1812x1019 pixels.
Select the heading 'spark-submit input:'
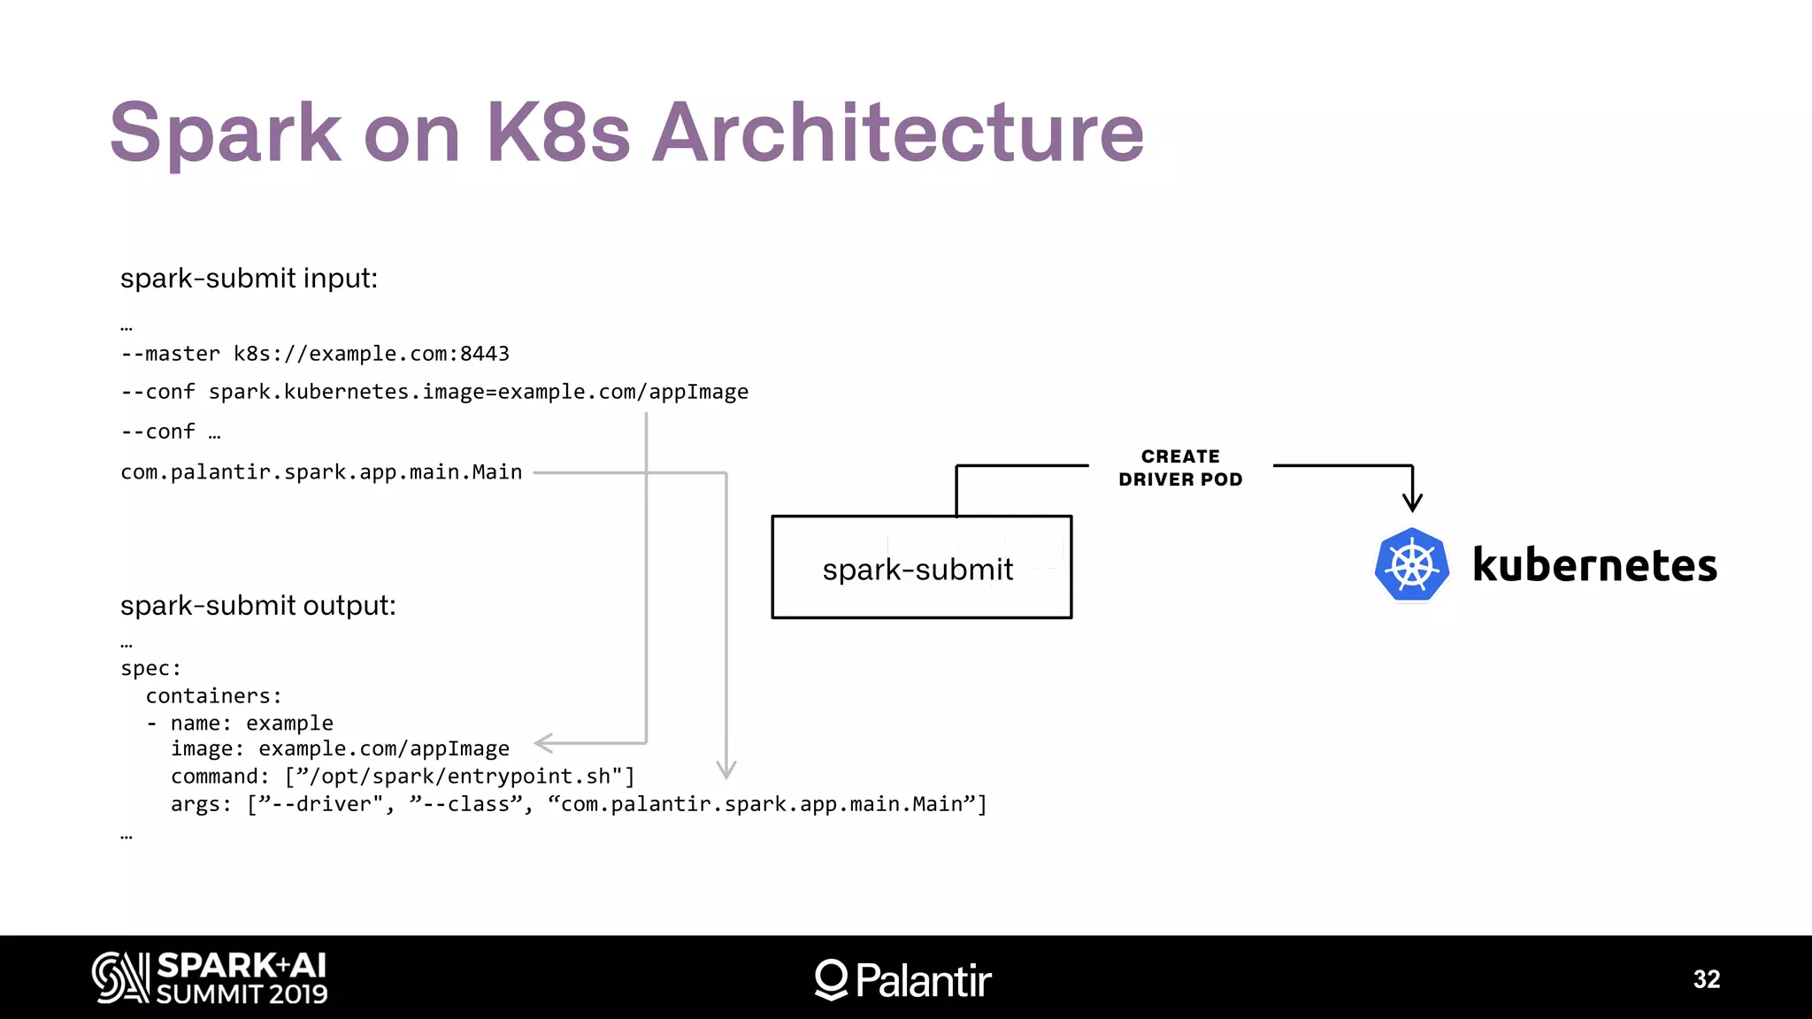249,279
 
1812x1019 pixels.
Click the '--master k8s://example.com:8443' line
315,354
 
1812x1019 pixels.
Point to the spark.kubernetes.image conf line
434,392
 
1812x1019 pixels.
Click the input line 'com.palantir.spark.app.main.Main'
321,472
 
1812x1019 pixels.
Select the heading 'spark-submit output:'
257,606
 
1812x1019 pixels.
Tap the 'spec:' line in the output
150,669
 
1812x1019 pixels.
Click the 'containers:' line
213,696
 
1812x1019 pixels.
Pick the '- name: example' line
240,724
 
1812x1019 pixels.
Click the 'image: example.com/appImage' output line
340,749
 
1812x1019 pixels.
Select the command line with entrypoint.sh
403,777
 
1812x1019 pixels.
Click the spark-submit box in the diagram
921,568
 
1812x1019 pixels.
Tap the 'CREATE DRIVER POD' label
1180,468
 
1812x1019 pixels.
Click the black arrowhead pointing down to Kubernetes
1412,502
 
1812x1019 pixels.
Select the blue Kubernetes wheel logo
1412,564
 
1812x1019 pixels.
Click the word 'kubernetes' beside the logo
1594,565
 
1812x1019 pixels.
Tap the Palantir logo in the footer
903,979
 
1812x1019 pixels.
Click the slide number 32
1706,979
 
